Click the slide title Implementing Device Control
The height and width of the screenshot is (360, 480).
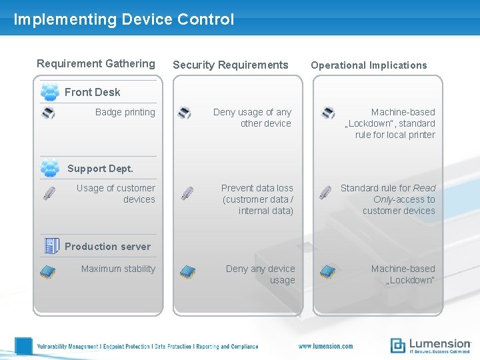coord(124,19)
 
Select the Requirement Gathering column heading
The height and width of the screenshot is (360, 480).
coord(95,64)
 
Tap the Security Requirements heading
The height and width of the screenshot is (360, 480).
coord(230,65)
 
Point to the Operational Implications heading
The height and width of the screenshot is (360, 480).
coord(369,65)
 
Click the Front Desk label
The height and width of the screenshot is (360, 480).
coord(92,92)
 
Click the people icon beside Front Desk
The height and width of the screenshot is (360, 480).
coord(49,91)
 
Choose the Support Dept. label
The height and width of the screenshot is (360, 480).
coord(100,169)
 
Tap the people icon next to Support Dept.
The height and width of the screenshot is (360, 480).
coord(49,168)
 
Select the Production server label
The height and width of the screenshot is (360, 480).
coord(107,246)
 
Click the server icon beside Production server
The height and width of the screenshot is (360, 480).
coord(51,245)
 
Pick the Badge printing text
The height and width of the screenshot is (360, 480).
coord(125,112)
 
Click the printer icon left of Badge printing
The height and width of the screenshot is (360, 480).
coord(49,113)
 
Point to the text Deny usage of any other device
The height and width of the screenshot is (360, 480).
coord(253,118)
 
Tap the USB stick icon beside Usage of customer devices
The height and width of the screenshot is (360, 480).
coord(49,193)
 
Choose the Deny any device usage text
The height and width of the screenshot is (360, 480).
coord(261,274)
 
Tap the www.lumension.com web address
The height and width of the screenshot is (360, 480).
coord(325,346)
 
